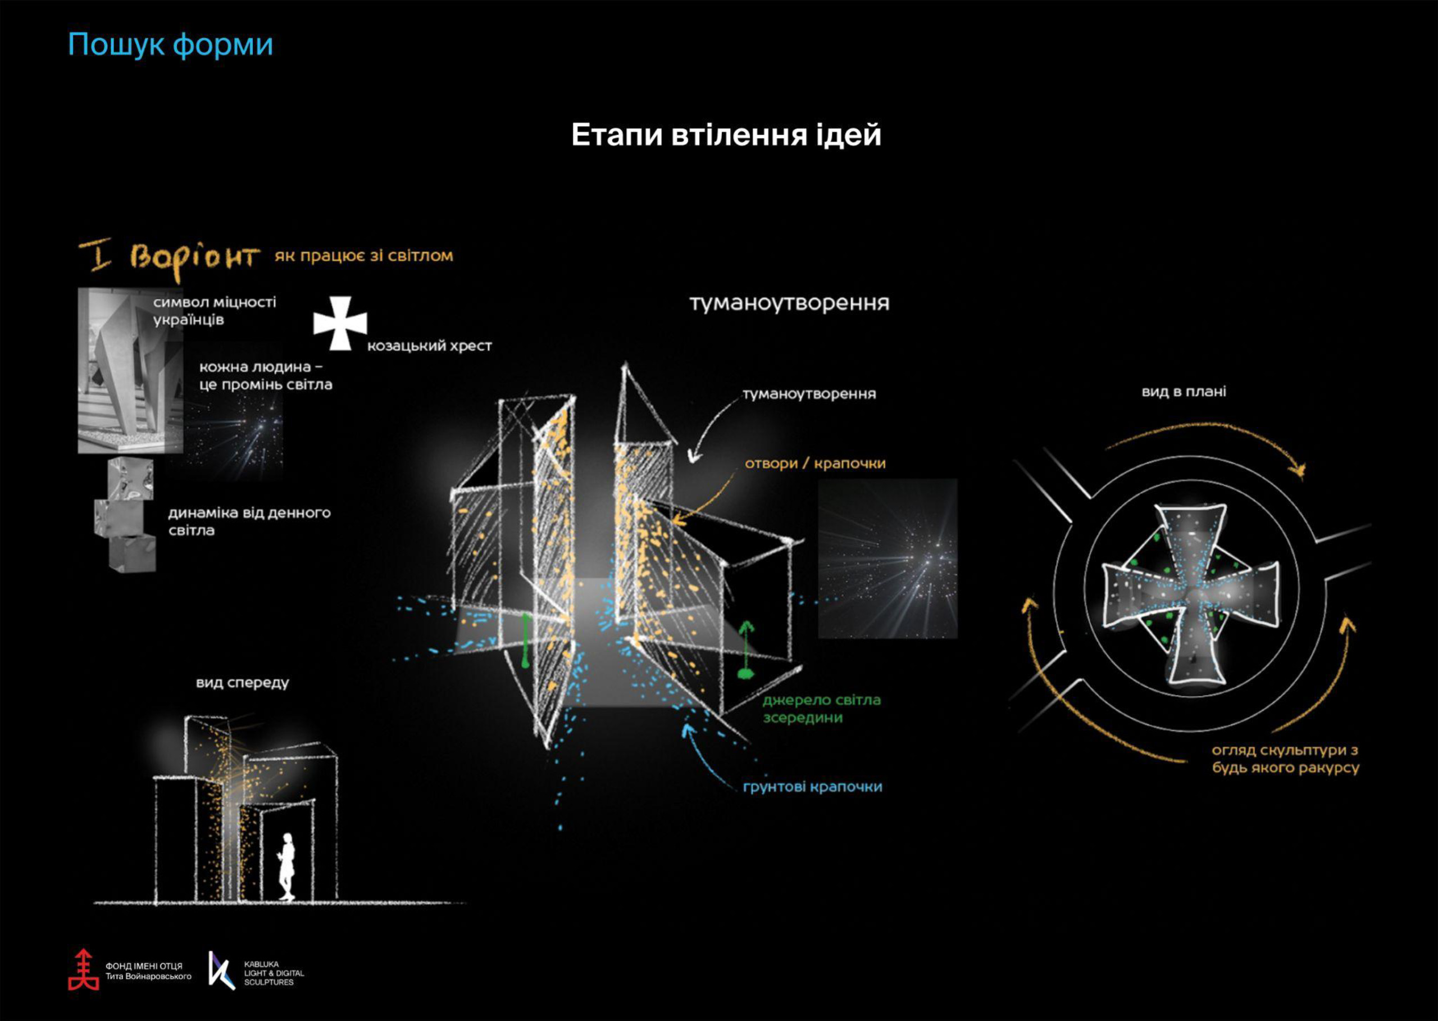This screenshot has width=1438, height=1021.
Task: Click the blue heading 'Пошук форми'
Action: [170, 44]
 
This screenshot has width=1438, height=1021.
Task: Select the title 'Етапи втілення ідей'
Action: [726, 135]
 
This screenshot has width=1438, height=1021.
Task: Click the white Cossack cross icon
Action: [340, 323]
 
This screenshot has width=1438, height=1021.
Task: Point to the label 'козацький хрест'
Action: [429, 346]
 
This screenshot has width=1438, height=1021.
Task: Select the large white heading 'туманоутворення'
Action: [789, 303]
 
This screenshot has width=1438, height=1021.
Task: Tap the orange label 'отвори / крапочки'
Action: [815, 464]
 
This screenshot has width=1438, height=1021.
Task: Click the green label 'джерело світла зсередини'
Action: [821, 709]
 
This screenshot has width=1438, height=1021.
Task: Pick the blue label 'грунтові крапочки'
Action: [812, 787]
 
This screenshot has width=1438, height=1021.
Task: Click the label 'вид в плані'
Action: [1184, 392]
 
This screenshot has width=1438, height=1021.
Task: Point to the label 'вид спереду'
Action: [243, 682]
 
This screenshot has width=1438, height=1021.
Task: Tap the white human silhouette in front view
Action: [287, 866]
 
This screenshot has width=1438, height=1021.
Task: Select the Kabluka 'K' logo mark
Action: [221, 970]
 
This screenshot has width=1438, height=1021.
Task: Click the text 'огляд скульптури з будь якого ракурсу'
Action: [1285, 759]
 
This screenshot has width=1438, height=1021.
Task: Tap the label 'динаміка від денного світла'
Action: [249, 521]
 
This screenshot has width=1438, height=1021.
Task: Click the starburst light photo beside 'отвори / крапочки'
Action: [888, 559]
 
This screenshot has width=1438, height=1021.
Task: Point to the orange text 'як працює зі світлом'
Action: [363, 256]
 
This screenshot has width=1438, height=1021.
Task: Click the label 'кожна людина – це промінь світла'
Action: [265, 375]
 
